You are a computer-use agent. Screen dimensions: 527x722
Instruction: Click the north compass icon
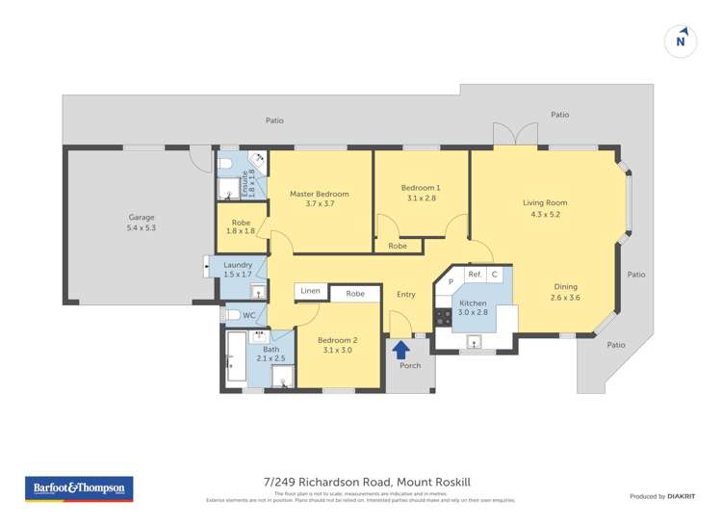pos(681,41)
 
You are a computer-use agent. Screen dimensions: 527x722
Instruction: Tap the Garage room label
pos(142,223)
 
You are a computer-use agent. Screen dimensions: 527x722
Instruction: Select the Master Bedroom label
pos(320,198)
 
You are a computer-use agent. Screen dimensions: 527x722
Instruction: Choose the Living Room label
pos(545,208)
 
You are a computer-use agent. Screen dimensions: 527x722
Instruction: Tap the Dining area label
pos(565,291)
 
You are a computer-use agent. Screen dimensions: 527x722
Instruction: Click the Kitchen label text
pos(472,307)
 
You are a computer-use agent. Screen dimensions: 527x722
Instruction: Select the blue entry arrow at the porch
pos(401,349)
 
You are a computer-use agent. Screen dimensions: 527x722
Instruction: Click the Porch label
pos(410,366)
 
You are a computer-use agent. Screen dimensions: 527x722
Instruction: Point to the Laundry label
pos(237,270)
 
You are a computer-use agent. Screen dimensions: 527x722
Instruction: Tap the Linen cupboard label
pos(310,291)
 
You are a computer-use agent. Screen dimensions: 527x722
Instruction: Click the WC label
pos(248,315)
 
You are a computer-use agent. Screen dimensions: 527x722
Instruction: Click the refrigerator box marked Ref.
pos(474,275)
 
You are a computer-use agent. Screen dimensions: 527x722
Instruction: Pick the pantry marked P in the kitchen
pos(450,281)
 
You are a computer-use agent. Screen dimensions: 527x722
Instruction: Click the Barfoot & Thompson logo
pos(79,488)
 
